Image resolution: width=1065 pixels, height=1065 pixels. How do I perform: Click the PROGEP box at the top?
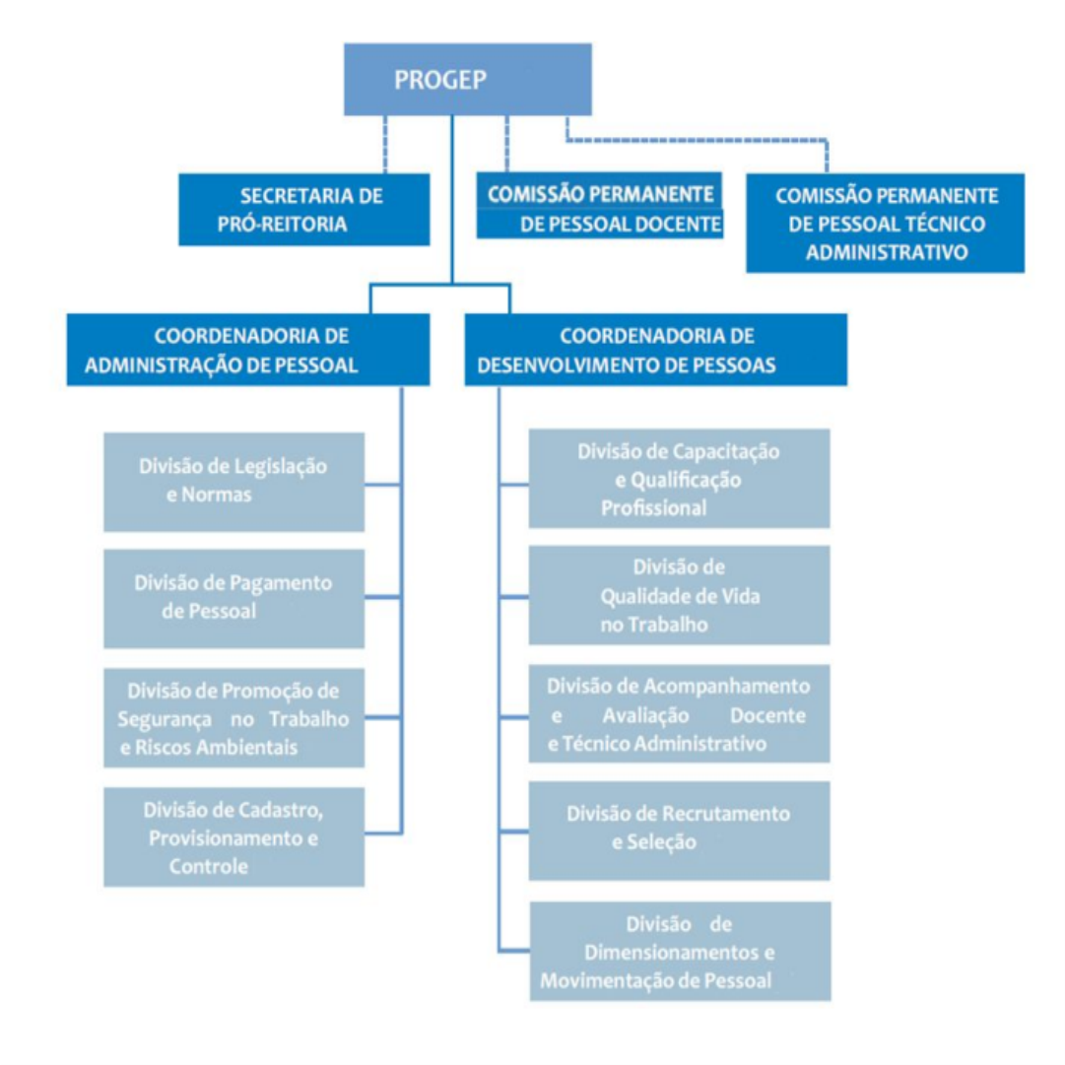click(x=467, y=80)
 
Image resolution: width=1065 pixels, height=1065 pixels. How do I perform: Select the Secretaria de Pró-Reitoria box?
click(x=303, y=209)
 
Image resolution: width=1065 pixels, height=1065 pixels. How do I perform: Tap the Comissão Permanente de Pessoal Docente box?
click(x=600, y=205)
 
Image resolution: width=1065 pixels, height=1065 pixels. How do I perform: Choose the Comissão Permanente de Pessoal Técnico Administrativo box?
click(x=885, y=223)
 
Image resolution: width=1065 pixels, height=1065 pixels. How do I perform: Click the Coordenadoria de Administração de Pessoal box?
click(x=248, y=350)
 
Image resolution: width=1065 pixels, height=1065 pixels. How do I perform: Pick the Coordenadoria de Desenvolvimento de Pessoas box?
click(x=655, y=350)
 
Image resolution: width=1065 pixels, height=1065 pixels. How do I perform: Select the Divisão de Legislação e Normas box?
click(x=233, y=482)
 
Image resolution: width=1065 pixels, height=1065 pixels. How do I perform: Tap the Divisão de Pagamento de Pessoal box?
click(x=233, y=598)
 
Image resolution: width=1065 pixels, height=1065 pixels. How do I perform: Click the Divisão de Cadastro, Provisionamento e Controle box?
click(x=233, y=836)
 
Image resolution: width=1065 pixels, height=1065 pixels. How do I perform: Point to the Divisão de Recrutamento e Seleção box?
click(x=679, y=831)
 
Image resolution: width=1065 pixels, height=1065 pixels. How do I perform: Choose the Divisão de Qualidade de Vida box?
click(x=679, y=595)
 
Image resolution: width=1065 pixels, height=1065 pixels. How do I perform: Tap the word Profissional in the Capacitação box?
click(x=653, y=508)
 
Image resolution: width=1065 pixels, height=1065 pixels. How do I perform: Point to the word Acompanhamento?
click(x=726, y=687)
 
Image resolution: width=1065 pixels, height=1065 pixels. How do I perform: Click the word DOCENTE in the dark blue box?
click(x=675, y=225)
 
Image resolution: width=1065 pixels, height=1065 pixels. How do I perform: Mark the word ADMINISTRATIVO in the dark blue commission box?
click(x=887, y=252)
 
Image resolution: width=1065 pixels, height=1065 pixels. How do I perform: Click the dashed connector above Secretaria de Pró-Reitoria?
click(x=385, y=144)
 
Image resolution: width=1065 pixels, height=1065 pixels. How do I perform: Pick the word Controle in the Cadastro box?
click(x=209, y=867)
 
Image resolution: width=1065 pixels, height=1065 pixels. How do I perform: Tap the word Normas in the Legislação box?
click(x=216, y=495)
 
